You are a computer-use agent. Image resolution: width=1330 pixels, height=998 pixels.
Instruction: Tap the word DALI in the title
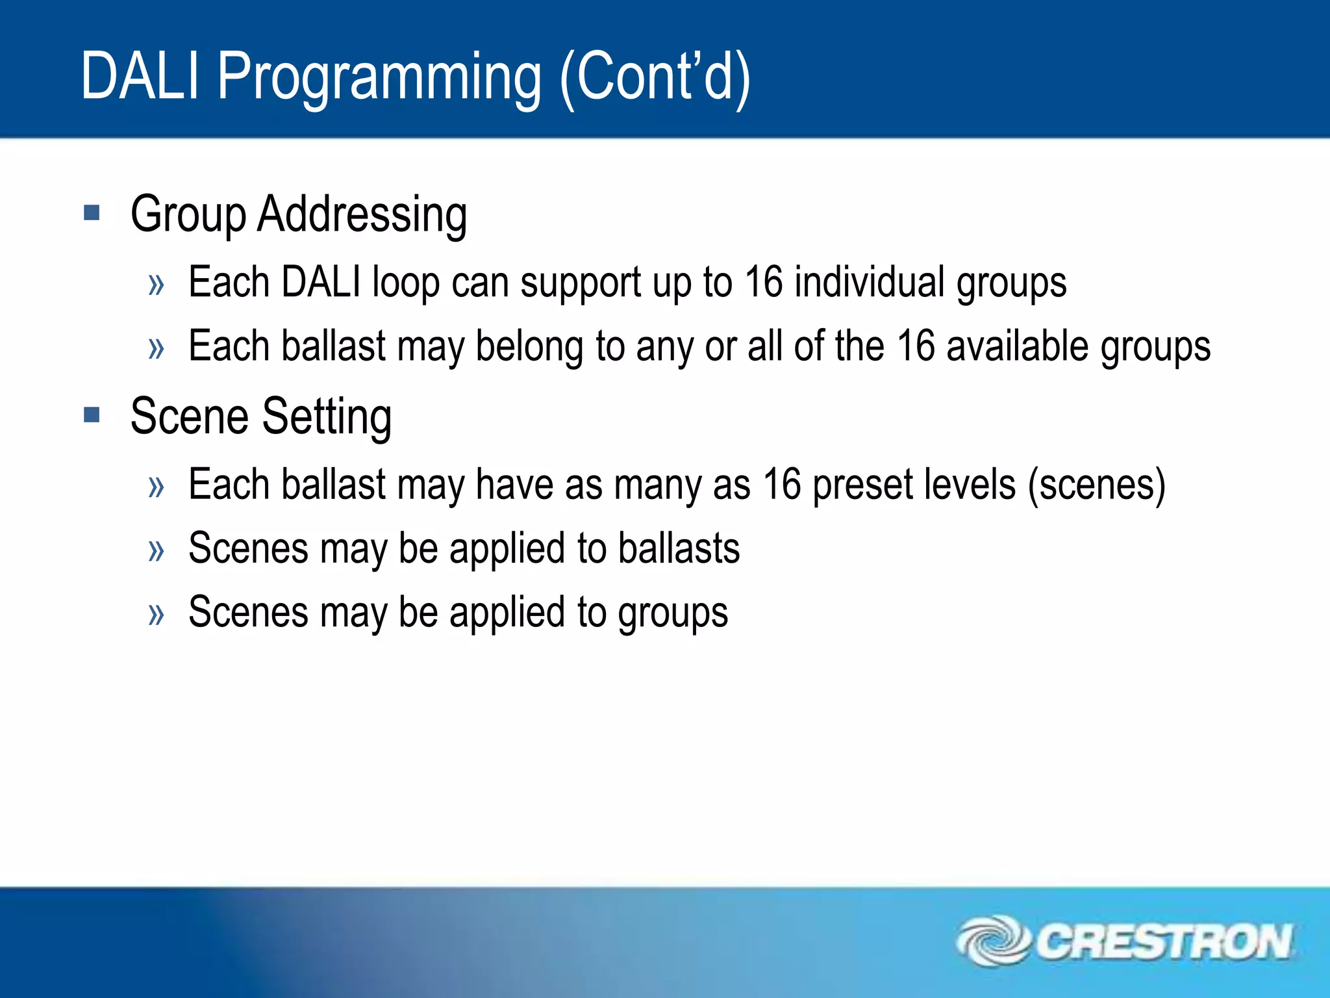point(140,77)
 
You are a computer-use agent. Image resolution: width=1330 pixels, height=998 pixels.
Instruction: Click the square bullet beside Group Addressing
point(92,212)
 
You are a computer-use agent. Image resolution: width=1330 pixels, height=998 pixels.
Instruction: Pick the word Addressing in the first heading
point(362,214)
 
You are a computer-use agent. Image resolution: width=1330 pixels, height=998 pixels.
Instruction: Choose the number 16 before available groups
point(915,346)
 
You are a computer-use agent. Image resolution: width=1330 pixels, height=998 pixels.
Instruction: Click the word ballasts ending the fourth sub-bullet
point(678,548)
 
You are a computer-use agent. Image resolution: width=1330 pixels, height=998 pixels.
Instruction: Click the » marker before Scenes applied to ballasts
point(156,550)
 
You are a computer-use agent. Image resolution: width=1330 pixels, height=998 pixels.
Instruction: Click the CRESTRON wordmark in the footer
point(1162,941)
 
